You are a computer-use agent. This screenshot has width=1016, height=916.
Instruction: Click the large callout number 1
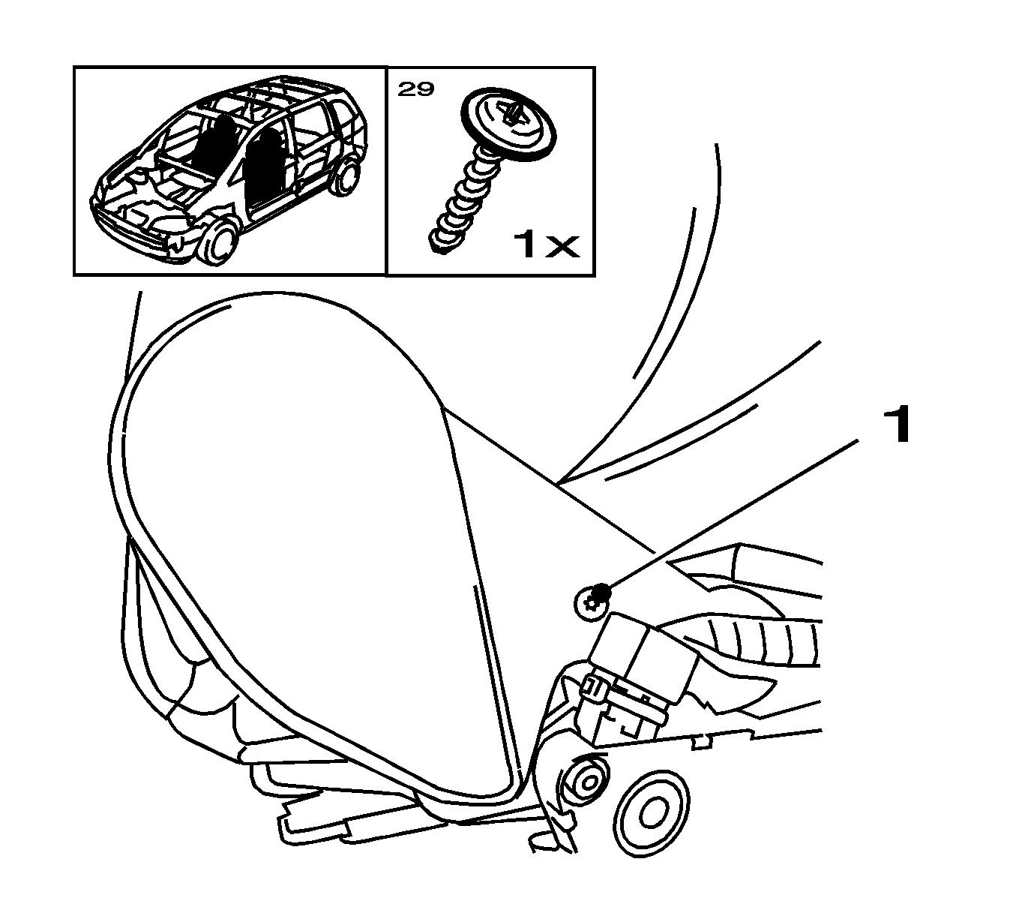(896, 425)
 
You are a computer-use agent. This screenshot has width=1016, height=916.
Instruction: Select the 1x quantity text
(545, 245)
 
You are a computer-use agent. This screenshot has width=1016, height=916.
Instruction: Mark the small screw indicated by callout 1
(592, 598)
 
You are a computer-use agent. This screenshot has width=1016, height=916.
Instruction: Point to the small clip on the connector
(593, 686)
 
